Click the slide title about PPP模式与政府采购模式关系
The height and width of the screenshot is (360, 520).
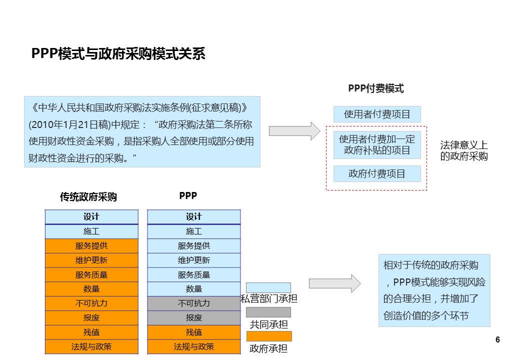[x=118, y=54]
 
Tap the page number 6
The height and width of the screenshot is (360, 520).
[x=497, y=340]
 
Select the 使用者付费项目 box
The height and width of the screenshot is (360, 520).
[x=377, y=114]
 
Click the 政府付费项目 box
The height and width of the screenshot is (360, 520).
[x=377, y=174]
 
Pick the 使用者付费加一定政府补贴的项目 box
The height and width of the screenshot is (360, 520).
[x=377, y=144]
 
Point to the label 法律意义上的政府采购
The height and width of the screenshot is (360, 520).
[x=463, y=150]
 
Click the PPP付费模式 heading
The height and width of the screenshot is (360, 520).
[x=375, y=88]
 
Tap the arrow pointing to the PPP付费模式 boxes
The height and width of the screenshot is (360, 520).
[x=294, y=131]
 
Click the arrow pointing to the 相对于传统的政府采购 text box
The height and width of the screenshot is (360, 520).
[x=334, y=283]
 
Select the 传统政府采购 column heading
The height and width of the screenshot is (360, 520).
[x=88, y=197]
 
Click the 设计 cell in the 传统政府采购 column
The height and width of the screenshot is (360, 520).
[x=91, y=216]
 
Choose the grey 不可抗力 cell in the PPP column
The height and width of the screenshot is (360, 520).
[x=193, y=303]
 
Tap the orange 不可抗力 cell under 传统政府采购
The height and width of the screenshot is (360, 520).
[x=91, y=303]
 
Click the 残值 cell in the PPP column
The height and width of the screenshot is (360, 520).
[x=193, y=332]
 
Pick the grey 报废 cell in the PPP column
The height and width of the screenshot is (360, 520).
[x=193, y=318]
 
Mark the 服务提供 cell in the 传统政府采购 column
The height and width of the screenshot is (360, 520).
[x=91, y=246]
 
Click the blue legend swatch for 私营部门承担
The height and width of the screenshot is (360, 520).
[x=268, y=287]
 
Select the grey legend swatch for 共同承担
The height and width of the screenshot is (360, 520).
[x=268, y=312]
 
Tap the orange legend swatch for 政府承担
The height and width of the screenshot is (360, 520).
[x=268, y=336]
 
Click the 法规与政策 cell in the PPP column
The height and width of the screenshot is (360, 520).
[x=193, y=346]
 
